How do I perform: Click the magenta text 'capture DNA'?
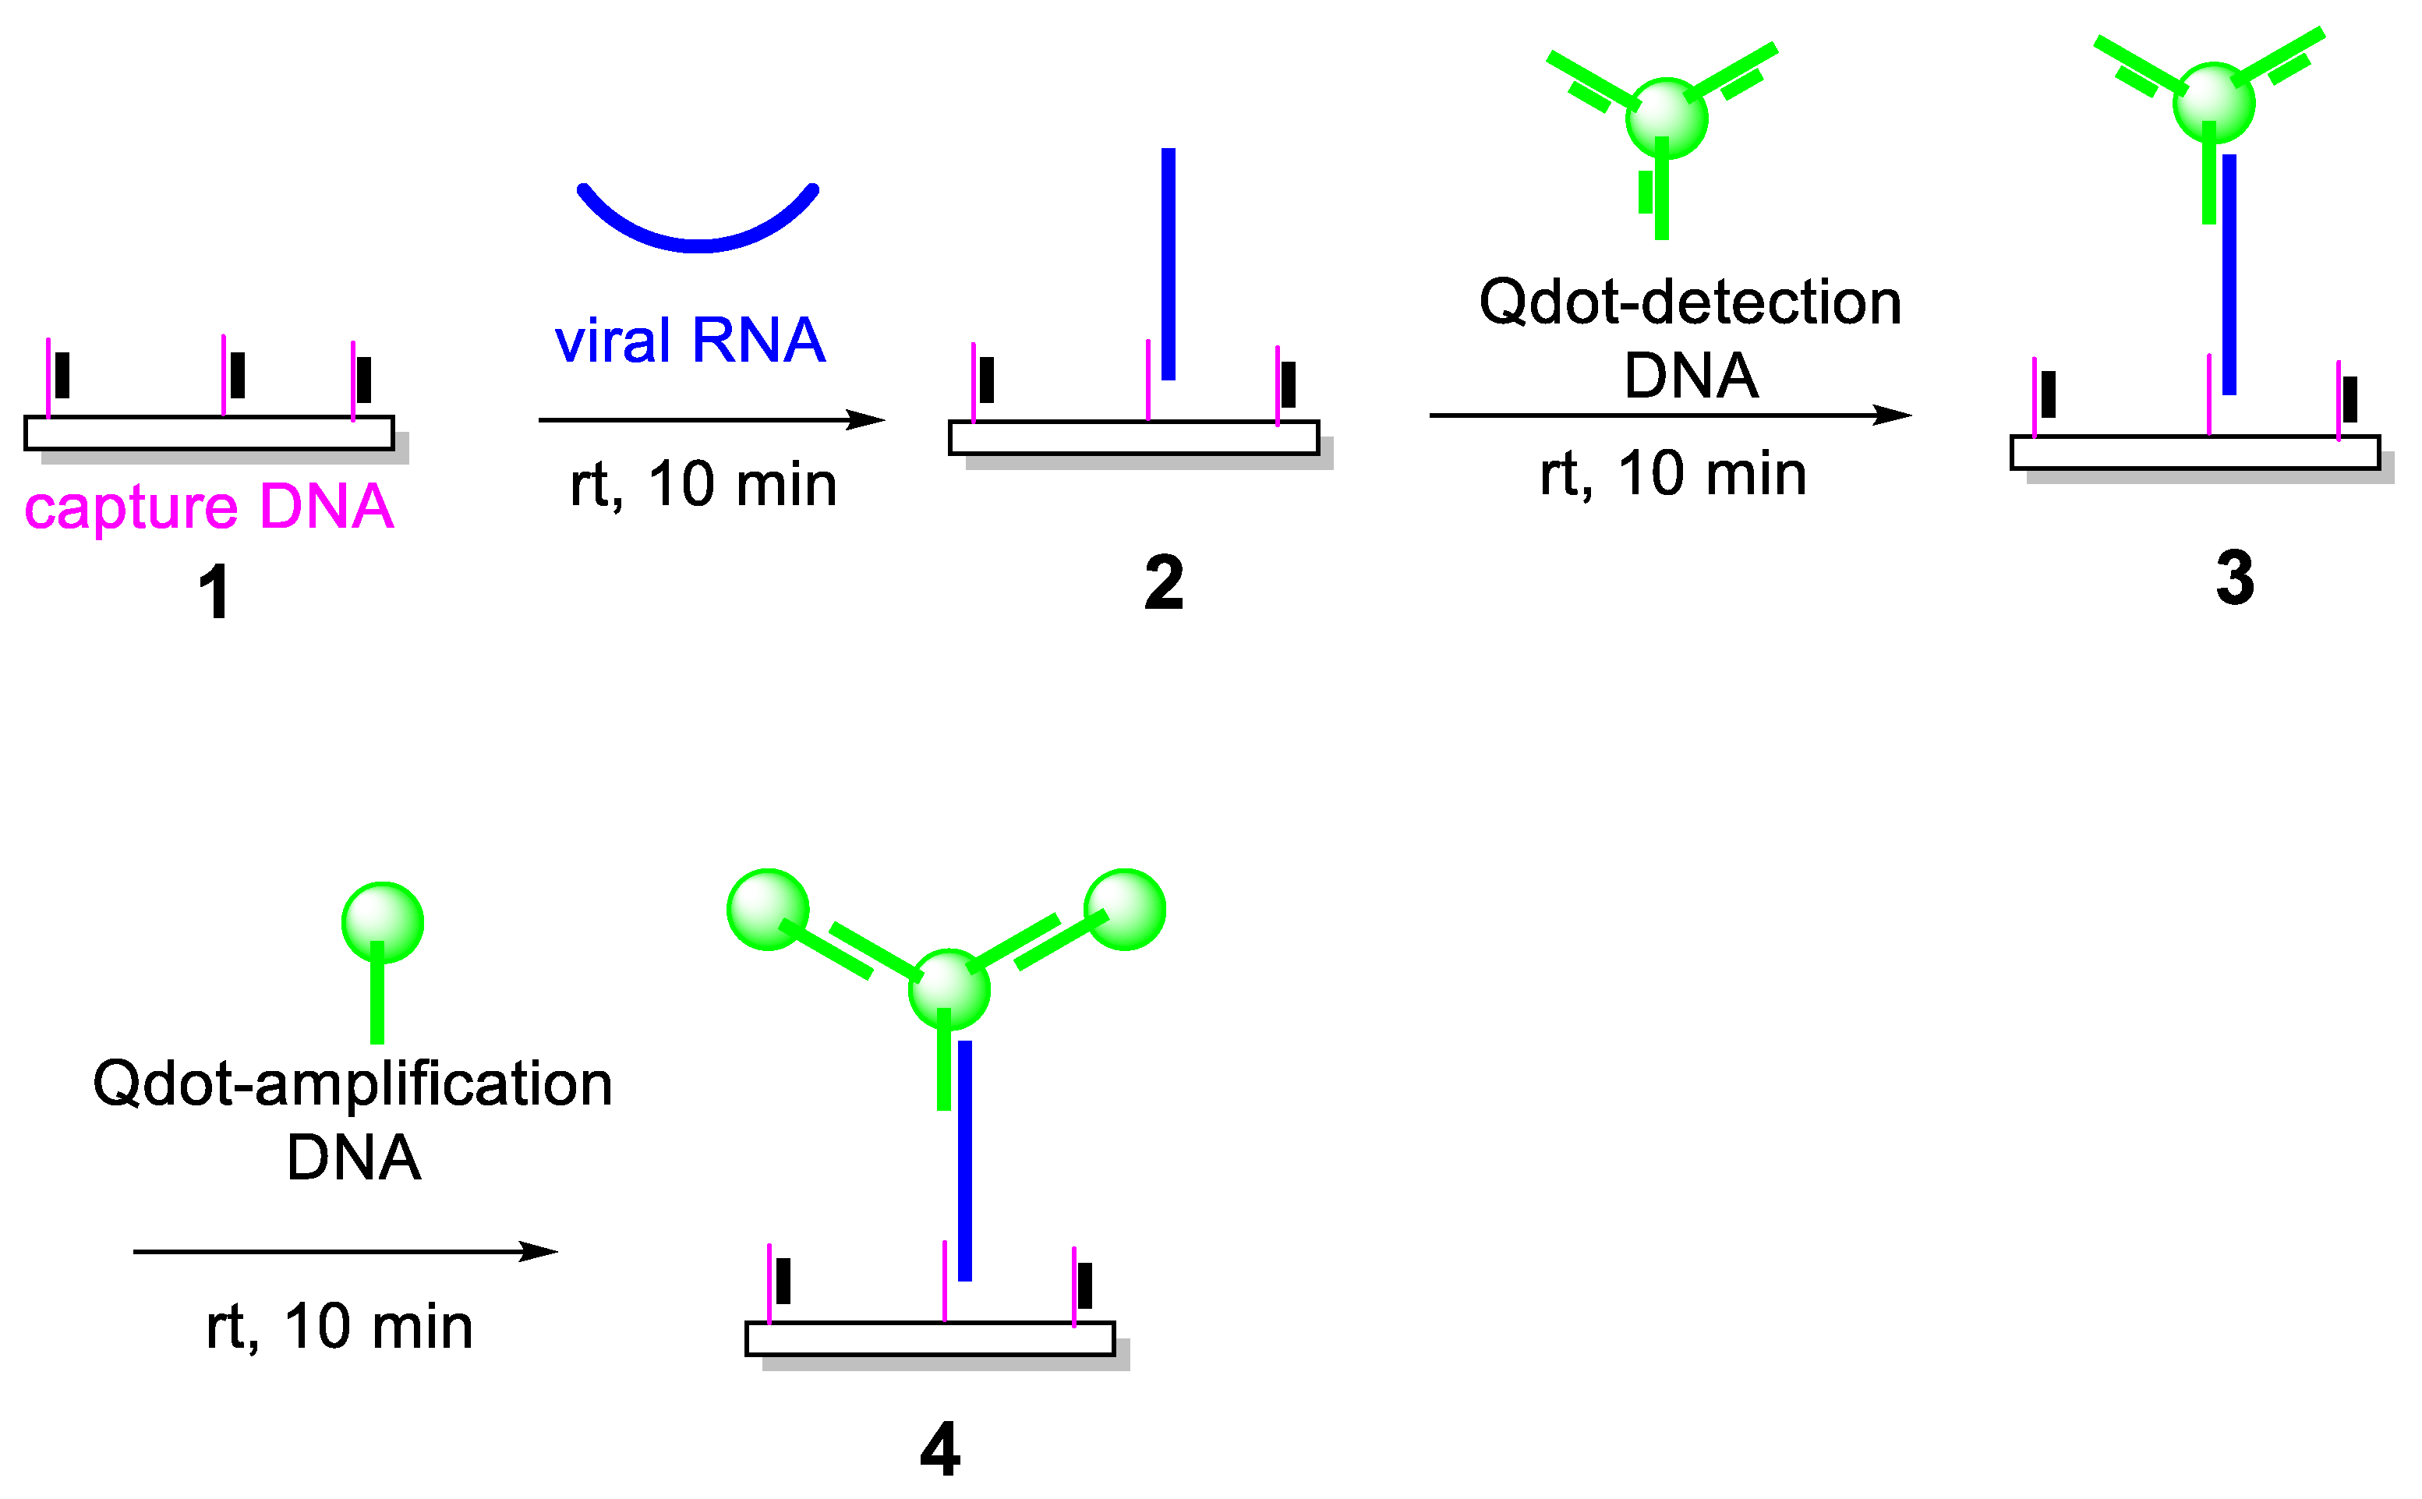(x=209, y=507)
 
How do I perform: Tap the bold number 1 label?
(x=214, y=592)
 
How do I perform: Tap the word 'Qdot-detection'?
(x=1689, y=302)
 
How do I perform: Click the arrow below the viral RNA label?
(x=711, y=420)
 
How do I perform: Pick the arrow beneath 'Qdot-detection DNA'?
(x=1670, y=415)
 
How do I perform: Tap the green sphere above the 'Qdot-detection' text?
(x=1667, y=118)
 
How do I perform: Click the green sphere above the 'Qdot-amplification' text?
(x=383, y=922)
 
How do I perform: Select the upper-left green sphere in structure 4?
(x=769, y=909)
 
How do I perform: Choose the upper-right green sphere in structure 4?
(x=1124, y=909)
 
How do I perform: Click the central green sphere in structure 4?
(x=949, y=988)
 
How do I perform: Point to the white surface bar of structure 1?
(x=209, y=433)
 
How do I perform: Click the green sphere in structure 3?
(x=2214, y=103)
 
